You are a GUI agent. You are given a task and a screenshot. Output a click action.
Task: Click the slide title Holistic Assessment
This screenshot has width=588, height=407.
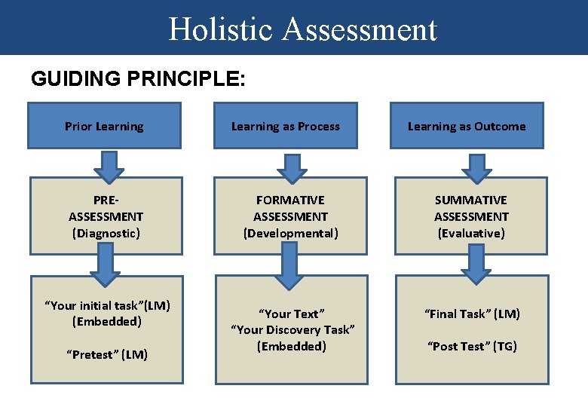(x=302, y=29)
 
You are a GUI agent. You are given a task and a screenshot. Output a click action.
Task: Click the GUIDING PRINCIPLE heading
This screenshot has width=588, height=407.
(x=138, y=79)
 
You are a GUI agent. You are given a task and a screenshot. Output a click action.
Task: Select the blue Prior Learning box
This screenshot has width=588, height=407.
(x=104, y=126)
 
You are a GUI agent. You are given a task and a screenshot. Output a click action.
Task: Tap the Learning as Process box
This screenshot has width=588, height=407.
(x=285, y=126)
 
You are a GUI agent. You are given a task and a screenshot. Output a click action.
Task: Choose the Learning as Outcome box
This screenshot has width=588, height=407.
(x=467, y=126)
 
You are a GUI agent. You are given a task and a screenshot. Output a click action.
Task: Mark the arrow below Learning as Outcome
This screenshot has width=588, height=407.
(x=476, y=165)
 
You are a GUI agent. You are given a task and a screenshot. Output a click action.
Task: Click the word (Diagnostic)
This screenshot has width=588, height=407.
(x=106, y=233)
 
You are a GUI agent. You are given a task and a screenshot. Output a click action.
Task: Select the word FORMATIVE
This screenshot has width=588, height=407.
(x=290, y=200)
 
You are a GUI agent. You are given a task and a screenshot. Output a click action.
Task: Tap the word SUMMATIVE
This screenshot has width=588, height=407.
(x=471, y=200)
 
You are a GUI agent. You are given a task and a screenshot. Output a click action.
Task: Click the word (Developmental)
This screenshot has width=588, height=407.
(x=290, y=233)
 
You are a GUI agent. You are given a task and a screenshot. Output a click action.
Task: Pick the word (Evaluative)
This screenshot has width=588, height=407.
(x=471, y=233)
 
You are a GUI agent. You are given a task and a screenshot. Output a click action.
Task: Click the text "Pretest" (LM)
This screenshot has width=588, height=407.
(x=106, y=354)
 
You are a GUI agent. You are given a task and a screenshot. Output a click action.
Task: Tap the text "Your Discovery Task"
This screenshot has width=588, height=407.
(x=292, y=329)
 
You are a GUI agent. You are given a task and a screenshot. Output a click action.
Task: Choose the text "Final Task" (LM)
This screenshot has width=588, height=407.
(x=472, y=314)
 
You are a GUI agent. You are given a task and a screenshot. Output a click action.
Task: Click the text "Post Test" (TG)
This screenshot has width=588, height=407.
(x=472, y=346)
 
